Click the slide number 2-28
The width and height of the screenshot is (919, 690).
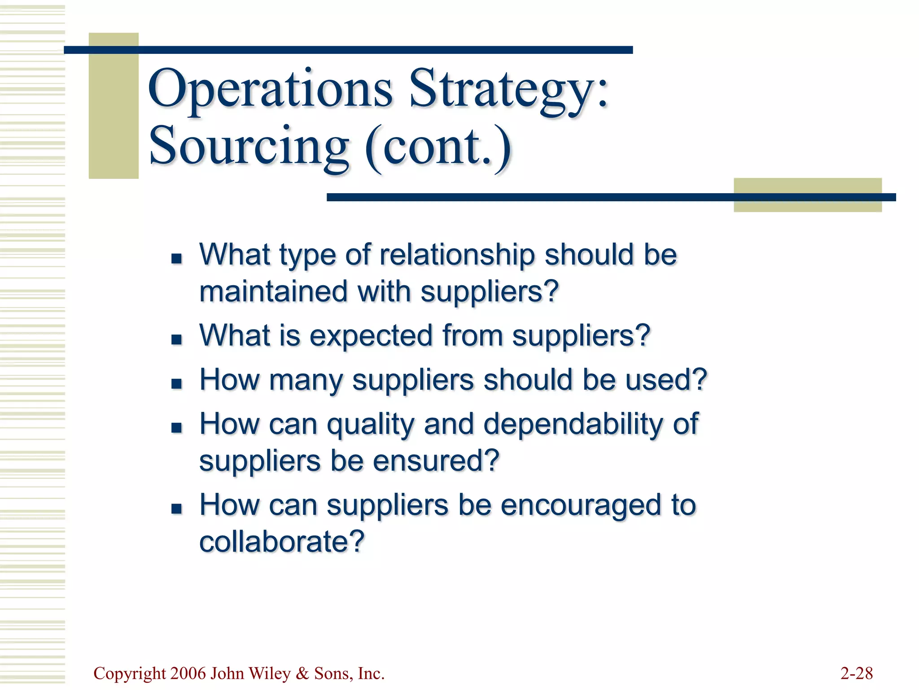tap(856, 673)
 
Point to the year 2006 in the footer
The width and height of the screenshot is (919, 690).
tap(188, 673)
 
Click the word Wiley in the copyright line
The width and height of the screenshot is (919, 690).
tap(269, 673)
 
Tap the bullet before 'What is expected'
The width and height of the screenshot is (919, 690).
tap(176, 339)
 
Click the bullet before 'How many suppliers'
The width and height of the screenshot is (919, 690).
tap(176, 383)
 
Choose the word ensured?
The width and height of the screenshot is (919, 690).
tap(436, 461)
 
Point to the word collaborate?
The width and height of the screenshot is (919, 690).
tap(282, 541)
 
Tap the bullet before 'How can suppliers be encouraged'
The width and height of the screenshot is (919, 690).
tap(176, 509)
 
